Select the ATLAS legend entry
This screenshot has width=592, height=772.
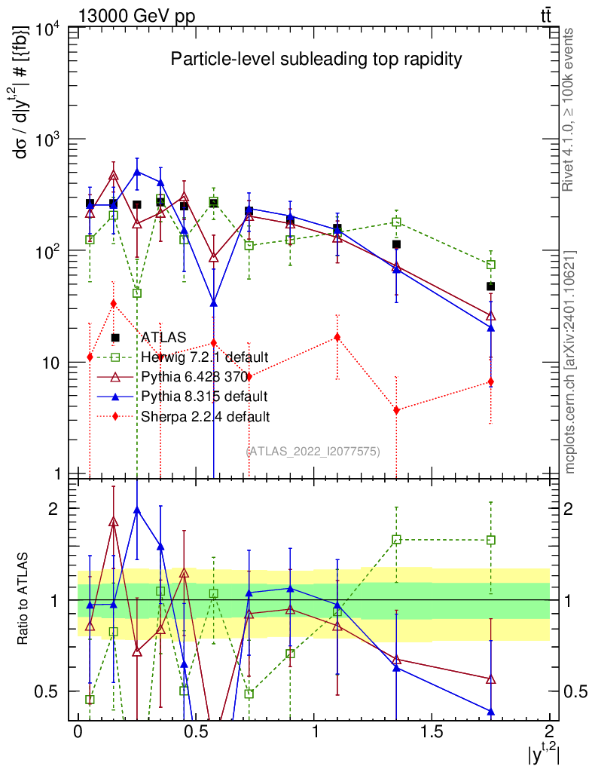(164, 338)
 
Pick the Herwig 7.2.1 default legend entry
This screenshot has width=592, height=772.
(204, 357)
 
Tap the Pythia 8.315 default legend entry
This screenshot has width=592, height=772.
(204, 396)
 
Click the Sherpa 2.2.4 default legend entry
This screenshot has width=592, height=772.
(205, 415)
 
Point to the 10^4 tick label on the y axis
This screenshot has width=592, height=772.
(51, 30)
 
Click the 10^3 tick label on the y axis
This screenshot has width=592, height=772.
(51, 141)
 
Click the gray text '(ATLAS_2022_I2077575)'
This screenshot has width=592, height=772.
(313, 451)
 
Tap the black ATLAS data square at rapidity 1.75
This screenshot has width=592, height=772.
(490, 286)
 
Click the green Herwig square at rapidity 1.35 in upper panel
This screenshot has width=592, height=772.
(396, 222)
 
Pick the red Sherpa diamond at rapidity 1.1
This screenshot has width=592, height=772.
(337, 337)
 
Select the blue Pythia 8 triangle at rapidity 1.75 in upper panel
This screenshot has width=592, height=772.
(490, 328)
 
